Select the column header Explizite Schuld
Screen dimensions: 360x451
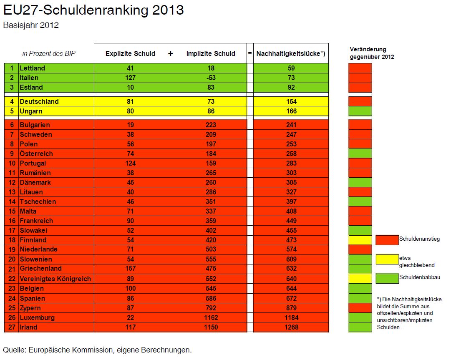point(130,53)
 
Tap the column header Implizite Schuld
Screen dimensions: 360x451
point(211,53)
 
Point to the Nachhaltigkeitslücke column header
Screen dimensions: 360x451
point(290,53)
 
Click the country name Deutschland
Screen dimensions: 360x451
point(39,101)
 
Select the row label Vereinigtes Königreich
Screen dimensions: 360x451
point(55,279)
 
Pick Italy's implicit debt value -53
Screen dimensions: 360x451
point(211,78)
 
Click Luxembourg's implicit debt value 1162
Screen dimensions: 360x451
point(211,317)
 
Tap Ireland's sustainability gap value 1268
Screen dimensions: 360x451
point(291,327)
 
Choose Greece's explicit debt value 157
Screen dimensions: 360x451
point(130,269)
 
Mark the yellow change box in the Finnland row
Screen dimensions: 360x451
point(360,240)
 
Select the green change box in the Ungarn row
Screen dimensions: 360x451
point(360,111)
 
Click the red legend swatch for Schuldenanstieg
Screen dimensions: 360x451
point(387,240)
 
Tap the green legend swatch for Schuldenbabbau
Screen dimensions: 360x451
point(387,278)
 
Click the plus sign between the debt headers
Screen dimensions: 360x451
point(170,53)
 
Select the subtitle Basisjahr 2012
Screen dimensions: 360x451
point(31,25)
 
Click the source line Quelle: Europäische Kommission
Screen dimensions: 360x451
point(97,349)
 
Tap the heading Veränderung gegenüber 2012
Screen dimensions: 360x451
point(371,53)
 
